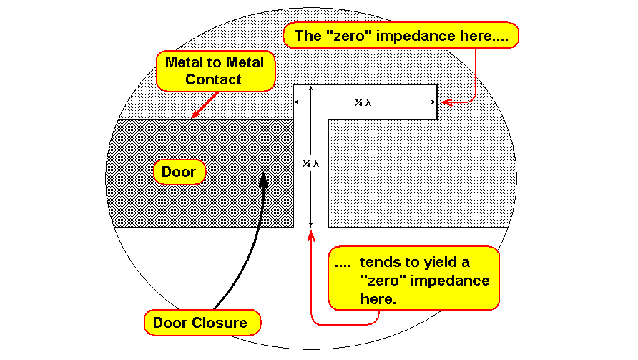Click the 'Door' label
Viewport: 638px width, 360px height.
coord(179,172)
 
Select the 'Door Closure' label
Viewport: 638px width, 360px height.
coord(202,323)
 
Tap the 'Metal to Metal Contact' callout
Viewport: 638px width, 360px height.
coord(216,71)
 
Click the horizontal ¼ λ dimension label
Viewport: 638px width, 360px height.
coord(363,102)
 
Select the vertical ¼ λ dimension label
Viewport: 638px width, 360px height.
coord(310,164)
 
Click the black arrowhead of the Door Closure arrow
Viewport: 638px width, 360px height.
coord(263,180)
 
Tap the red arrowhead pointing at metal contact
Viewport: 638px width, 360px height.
coord(195,115)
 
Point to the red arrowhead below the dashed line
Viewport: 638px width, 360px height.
coord(311,235)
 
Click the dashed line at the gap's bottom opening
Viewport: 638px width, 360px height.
coord(311,228)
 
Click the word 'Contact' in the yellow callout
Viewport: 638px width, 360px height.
coord(213,79)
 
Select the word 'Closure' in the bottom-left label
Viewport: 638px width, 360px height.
coord(223,323)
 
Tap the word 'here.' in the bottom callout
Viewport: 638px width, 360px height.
coord(378,299)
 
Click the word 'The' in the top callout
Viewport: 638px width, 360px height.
coord(308,36)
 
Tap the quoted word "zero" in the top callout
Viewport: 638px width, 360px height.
coord(349,36)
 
